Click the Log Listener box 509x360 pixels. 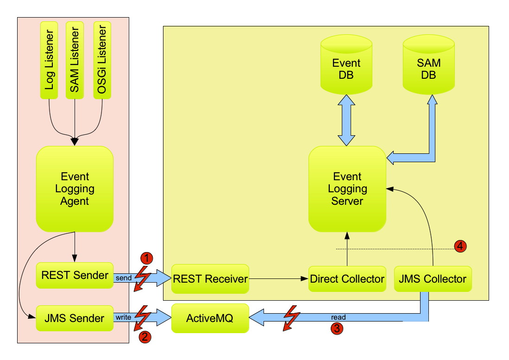tap(49, 59)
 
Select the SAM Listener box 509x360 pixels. tap(75, 59)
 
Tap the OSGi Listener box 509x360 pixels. tap(102, 59)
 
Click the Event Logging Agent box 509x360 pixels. tap(75, 189)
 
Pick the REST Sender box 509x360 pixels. tap(75, 275)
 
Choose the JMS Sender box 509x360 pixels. tap(75, 318)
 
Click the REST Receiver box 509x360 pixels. tap(210, 279)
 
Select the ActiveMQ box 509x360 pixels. tap(210, 319)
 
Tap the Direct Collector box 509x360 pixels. tap(347, 279)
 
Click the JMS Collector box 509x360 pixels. tap(433, 279)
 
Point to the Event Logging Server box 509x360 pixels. tap(347, 189)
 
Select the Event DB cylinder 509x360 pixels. tap(346, 69)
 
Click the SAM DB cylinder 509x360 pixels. tap(428, 69)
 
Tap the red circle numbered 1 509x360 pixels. tap(146, 258)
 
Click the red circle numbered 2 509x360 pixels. tap(145, 337)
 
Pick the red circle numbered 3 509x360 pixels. tap(336, 329)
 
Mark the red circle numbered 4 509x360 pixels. tap(460, 246)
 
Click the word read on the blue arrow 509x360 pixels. tap(338, 318)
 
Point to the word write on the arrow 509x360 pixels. tap(124, 318)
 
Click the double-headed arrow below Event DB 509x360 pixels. tap(347, 120)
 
